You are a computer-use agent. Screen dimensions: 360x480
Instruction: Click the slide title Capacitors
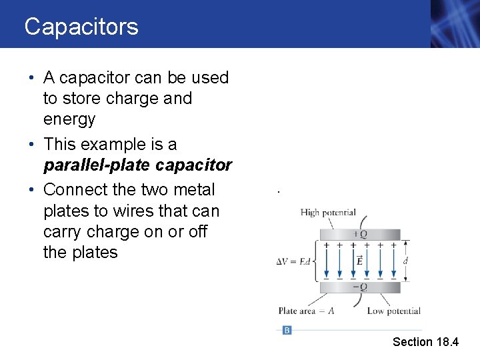tap(81, 27)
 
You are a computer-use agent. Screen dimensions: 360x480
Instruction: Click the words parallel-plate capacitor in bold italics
tap(137, 165)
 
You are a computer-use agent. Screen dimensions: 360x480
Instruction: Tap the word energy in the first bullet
tap(69, 119)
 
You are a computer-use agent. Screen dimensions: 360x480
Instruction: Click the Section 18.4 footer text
tap(425, 342)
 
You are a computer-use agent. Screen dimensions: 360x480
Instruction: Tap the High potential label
tap(328, 213)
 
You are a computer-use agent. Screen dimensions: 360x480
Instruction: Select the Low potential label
tap(393, 311)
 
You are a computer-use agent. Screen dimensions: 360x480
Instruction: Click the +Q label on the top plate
tap(360, 234)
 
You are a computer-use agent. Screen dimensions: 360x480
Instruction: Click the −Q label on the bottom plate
tap(360, 287)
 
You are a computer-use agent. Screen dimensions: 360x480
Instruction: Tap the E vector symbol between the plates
tap(360, 261)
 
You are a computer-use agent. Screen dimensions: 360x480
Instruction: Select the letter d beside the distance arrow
tap(405, 261)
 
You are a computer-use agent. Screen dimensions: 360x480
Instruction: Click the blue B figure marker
tap(287, 330)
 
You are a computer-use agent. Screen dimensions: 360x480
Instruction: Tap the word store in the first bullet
tap(83, 99)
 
